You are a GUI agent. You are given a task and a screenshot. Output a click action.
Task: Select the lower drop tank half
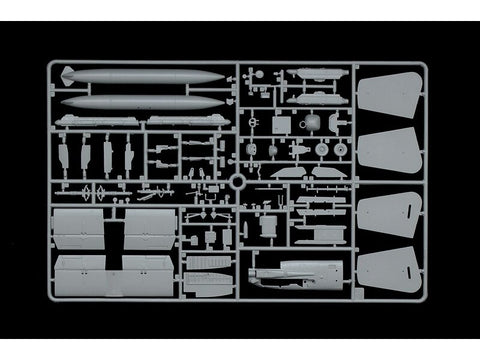(145, 101)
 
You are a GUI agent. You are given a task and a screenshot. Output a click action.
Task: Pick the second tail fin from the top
(384, 151)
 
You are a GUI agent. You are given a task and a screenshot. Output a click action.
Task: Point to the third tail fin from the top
(385, 211)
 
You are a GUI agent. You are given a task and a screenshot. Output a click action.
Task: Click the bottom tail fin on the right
(385, 268)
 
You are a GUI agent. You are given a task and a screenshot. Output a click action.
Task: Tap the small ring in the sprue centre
(237, 183)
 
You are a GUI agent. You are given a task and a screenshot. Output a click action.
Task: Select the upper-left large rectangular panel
(79, 228)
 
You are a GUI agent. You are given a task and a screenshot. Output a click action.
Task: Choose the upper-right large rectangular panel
(150, 228)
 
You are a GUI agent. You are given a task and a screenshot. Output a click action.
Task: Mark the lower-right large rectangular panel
(150, 274)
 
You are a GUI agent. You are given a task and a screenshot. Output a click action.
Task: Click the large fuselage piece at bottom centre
(295, 273)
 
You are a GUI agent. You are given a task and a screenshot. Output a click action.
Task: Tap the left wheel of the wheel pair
(322, 150)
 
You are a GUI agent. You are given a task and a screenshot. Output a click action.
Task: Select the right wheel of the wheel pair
(342, 150)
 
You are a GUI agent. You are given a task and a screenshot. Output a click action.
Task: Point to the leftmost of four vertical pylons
(64, 155)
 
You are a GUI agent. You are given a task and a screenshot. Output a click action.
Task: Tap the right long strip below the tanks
(186, 121)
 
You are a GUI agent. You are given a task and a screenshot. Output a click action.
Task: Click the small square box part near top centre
(283, 124)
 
